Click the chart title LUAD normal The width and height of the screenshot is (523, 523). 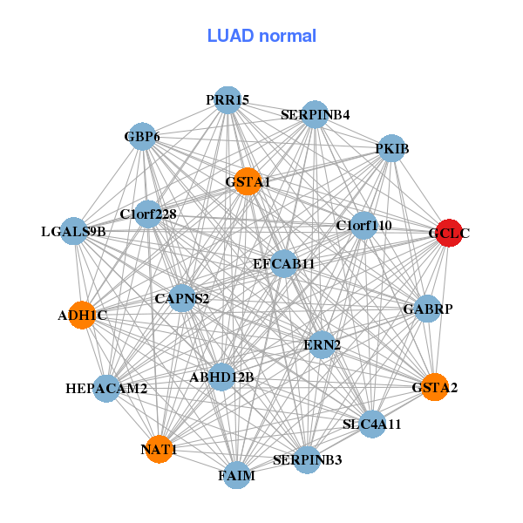(261, 36)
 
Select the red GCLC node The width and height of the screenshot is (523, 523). (448, 233)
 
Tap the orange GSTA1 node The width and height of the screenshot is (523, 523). (248, 181)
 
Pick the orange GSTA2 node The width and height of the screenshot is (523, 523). (434, 386)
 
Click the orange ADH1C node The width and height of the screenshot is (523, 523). (82, 315)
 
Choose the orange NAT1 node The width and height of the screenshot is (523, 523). (159, 449)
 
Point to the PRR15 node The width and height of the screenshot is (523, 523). (228, 100)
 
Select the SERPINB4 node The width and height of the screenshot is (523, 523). (315, 114)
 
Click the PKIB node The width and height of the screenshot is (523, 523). (391, 149)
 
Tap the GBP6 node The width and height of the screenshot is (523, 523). (143, 137)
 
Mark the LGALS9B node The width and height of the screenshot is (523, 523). (74, 231)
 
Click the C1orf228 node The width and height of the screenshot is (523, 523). (148, 214)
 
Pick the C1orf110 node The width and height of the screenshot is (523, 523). (363, 226)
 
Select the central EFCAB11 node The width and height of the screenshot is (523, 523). (283, 262)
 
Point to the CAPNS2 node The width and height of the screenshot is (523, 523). (182, 299)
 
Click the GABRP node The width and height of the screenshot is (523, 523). (427, 309)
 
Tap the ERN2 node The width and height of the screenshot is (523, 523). (323, 344)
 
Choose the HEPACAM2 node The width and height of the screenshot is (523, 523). (106, 388)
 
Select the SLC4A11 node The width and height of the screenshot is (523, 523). (372, 425)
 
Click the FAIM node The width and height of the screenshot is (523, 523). (236, 476)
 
